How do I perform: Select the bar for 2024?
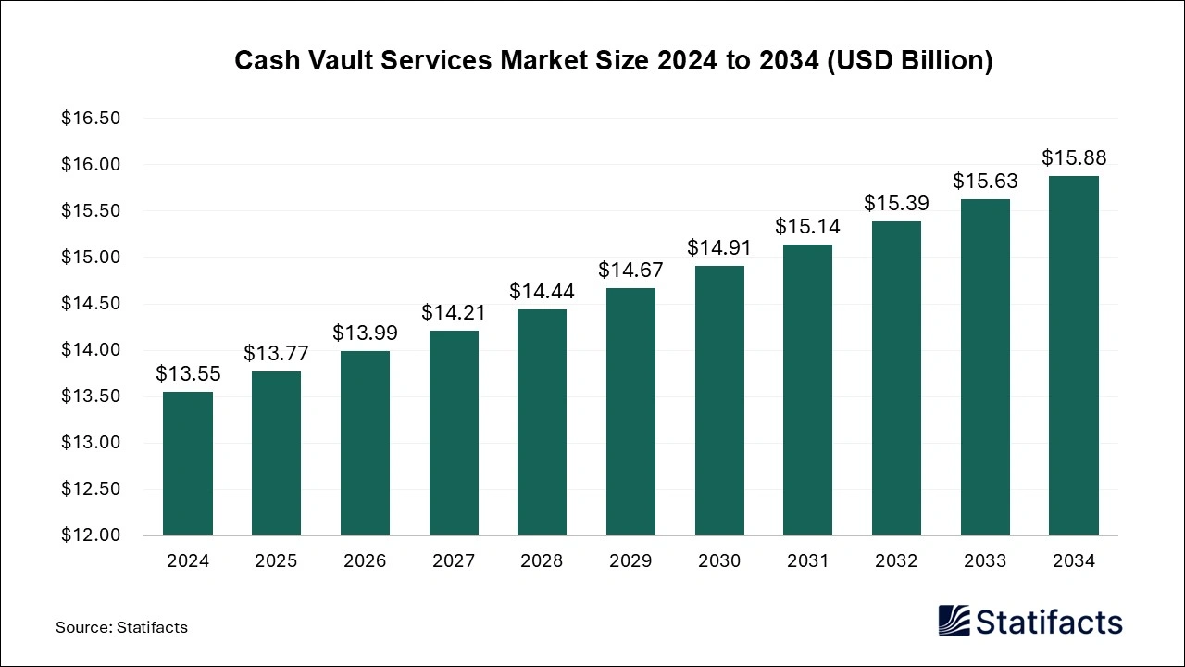pos(188,463)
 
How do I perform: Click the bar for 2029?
pos(630,411)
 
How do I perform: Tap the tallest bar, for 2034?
pos(1074,356)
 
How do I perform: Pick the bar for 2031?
pos(808,390)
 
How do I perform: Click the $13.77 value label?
pos(276,353)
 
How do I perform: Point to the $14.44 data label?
pos(542,291)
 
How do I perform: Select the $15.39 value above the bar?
pos(896,203)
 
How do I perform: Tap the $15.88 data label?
pos(1074,157)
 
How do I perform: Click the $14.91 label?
pos(719,247)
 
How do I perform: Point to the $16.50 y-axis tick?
pos(91,119)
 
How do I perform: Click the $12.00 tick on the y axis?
pos(91,535)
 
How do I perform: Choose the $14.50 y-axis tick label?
pos(91,304)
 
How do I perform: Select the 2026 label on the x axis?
pos(365,560)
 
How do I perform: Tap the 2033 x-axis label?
pos(985,560)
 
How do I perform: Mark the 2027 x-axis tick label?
pos(454,560)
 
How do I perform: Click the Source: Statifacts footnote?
pos(121,627)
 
